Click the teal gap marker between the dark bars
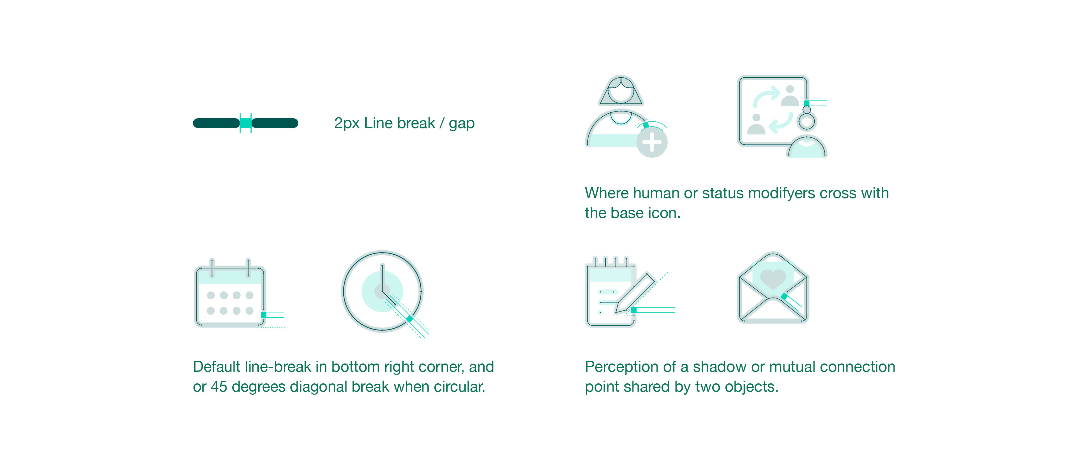(x=245, y=123)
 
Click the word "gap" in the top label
(x=462, y=124)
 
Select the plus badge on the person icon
(x=652, y=143)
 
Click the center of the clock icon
(x=382, y=291)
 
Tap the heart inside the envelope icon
(x=773, y=278)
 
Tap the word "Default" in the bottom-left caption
(x=216, y=367)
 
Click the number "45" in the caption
(x=219, y=387)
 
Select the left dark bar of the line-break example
(x=216, y=123)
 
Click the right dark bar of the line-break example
(x=275, y=123)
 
